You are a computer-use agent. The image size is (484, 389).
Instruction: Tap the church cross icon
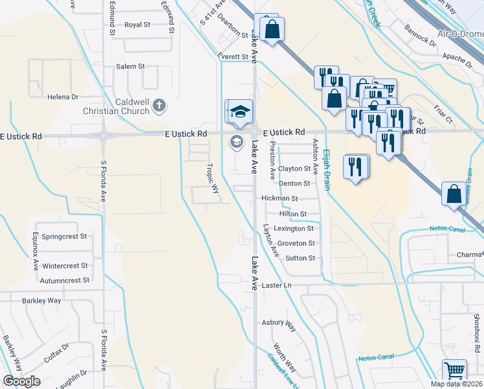[x=160, y=104]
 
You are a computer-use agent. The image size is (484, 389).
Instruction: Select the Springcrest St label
[x=64, y=237]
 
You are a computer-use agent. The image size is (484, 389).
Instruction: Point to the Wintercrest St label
[x=65, y=266]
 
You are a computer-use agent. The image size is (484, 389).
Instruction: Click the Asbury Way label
[x=278, y=322]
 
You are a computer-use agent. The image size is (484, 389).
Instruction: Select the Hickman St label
[x=279, y=198]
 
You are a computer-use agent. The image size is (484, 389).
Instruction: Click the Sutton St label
[x=300, y=258]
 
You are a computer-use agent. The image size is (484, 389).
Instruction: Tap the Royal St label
[x=137, y=25]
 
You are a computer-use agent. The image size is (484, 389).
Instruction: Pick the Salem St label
[x=130, y=66]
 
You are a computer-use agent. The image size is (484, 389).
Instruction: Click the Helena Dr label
[x=63, y=97]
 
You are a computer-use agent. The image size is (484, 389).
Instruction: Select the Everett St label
[x=233, y=57]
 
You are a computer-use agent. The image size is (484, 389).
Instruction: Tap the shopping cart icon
[x=455, y=371]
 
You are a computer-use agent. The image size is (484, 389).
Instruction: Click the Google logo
[x=21, y=381]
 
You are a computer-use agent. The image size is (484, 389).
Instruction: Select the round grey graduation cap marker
[x=237, y=142]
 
